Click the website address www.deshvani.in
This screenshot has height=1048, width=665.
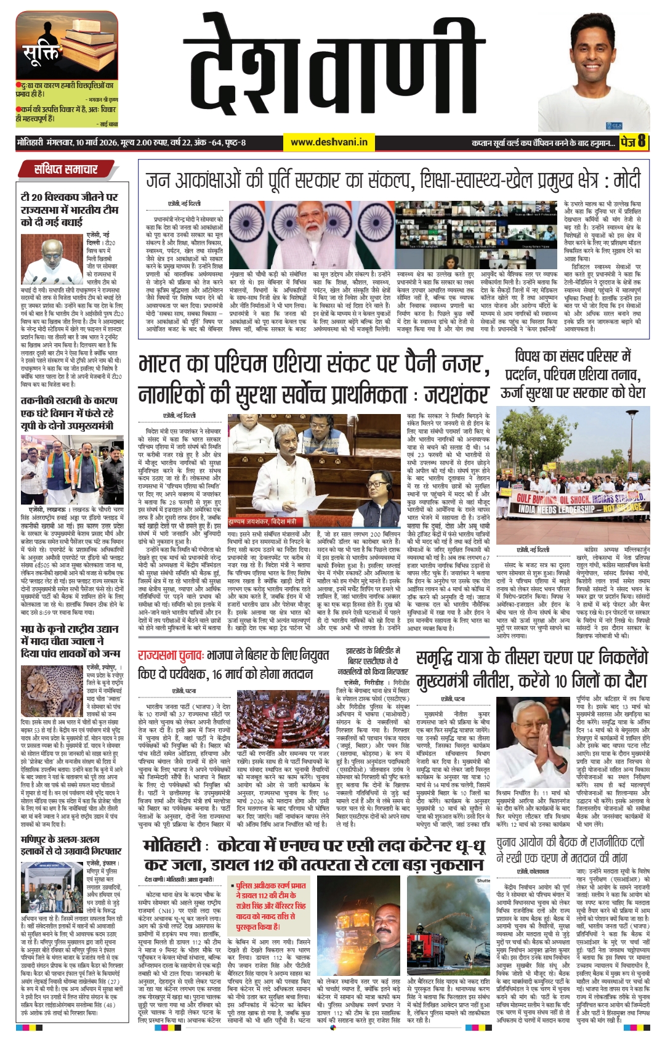click(x=329, y=142)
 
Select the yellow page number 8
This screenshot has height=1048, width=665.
click(x=641, y=142)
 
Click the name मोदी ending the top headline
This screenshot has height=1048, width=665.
click(x=627, y=180)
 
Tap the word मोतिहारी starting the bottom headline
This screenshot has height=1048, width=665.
click(x=172, y=845)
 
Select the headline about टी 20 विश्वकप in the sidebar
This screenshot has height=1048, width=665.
click(x=69, y=209)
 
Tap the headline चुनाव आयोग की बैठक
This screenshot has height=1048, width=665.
click(x=570, y=850)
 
